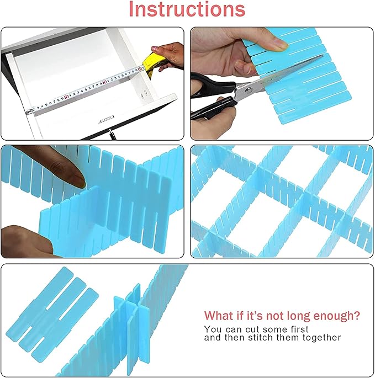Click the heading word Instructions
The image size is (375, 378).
(x=187, y=10)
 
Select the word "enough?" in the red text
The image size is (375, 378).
(x=337, y=316)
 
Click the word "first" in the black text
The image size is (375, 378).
(x=298, y=329)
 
